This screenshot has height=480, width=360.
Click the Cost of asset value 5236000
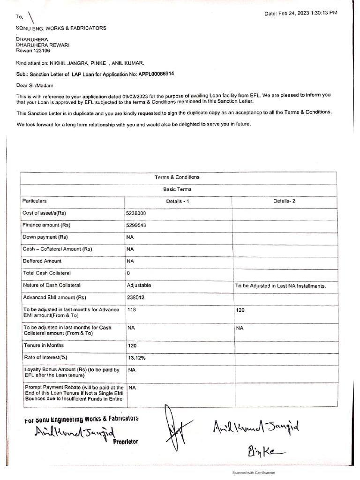coord(136,213)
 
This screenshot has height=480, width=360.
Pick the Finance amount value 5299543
coord(136,225)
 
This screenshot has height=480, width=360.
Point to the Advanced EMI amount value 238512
coord(135,297)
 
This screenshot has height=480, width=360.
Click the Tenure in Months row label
coord(44,345)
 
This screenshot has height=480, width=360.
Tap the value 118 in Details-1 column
coord(131,310)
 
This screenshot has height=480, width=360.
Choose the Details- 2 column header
coord(285,201)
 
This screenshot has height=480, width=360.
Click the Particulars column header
coord(35,201)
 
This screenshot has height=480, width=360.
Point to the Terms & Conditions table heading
coord(177,177)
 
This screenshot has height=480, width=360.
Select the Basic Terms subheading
coord(177,189)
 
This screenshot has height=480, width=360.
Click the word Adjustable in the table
coord(139,285)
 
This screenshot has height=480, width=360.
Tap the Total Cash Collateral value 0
coord(128,273)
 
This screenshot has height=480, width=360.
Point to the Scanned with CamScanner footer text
coord(254,473)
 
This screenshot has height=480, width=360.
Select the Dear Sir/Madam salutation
coord(35,86)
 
